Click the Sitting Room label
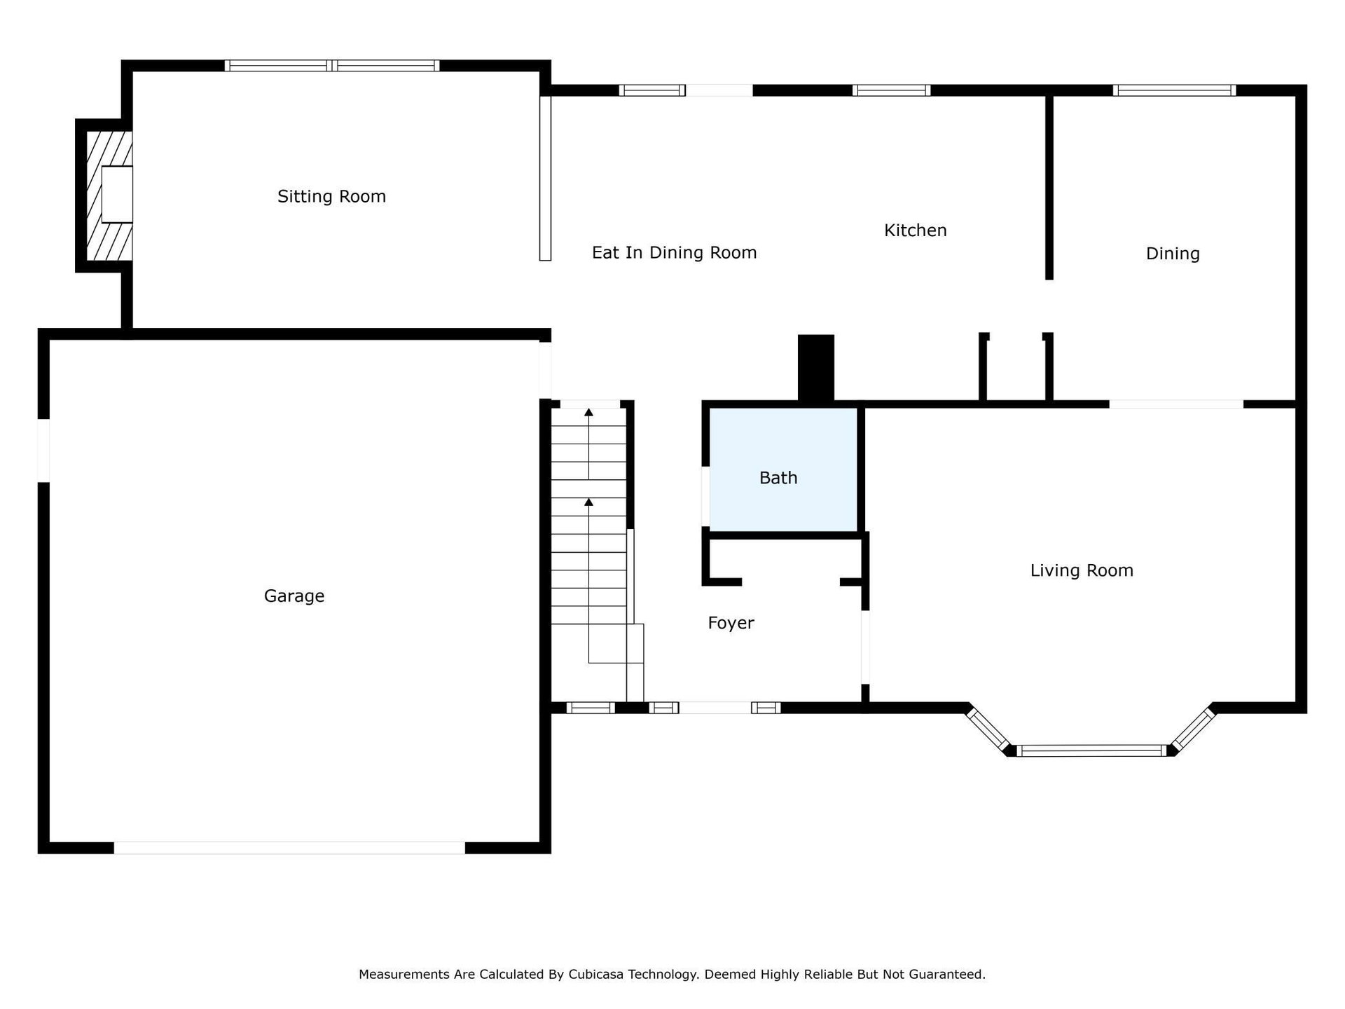pos(331,197)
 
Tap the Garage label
pos(294,596)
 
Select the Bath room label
pos(778,478)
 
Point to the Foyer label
pos(731,623)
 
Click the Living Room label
pos(1082,570)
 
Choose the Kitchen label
pos(915,231)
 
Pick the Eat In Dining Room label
pos(674,253)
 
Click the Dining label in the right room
pos(1173,254)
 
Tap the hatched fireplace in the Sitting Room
pos(109,195)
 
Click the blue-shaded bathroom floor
pos(783,469)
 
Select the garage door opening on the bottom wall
pos(289,848)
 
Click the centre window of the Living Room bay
pos(1091,750)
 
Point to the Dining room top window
pos(1174,90)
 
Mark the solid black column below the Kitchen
pos(816,369)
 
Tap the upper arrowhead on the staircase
pos(588,412)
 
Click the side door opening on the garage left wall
pos(43,451)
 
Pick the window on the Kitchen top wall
pos(891,90)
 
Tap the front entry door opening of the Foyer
pos(715,708)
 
